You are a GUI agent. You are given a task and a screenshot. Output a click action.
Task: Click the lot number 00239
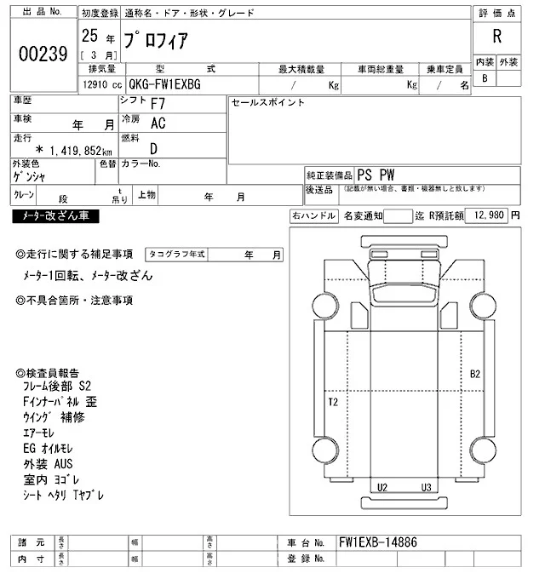[42, 54]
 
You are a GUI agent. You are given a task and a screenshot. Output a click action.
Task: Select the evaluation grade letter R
[496, 36]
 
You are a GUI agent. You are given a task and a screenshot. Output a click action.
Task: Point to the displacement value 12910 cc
[100, 85]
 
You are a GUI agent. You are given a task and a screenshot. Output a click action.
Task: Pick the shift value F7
[158, 104]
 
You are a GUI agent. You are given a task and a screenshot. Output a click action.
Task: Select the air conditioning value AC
[158, 123]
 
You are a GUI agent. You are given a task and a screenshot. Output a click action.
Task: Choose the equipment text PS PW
[376, 173]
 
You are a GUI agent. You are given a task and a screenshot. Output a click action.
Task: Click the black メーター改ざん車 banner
[55, 217]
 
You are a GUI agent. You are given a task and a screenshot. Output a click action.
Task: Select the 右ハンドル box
[313, 216]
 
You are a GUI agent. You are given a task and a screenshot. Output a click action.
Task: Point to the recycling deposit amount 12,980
[485, 216]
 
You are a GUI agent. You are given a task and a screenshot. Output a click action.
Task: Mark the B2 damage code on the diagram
[475, 374]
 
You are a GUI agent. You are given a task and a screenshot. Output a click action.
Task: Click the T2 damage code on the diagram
[333, 401]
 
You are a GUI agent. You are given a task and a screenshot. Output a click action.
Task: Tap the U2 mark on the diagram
[382, 487]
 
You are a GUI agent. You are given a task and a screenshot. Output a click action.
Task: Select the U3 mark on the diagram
[426, 487]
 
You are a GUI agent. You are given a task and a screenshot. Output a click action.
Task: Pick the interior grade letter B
[485, 78]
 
